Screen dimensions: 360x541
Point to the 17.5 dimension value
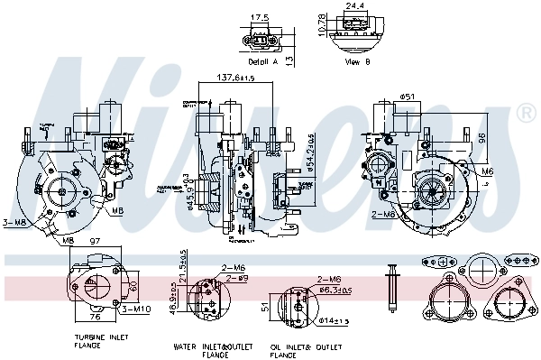coord(260,17)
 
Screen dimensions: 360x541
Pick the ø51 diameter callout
coord(406,97)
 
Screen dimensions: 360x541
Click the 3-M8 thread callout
coord(14,223)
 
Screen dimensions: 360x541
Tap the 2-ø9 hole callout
coord(236,279)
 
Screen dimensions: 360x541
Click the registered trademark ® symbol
coord(526,114)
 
